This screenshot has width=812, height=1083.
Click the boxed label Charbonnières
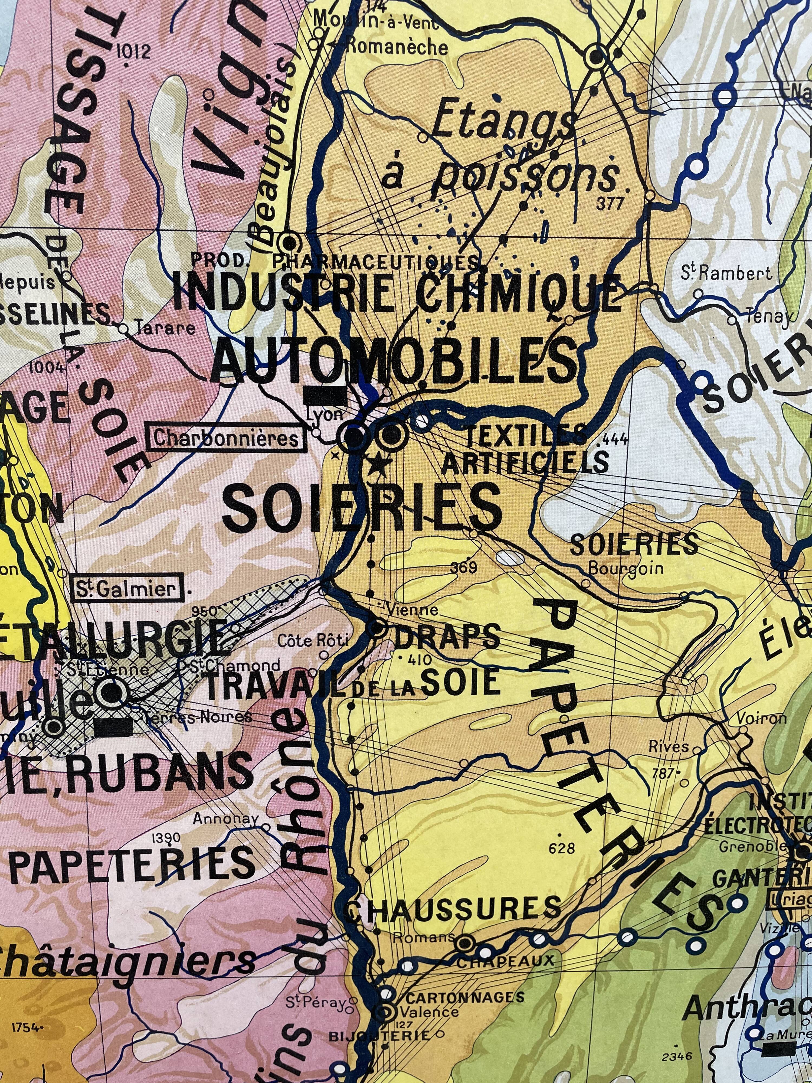226,438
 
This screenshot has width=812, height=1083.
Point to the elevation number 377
610,203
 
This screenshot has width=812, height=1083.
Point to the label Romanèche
397,47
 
